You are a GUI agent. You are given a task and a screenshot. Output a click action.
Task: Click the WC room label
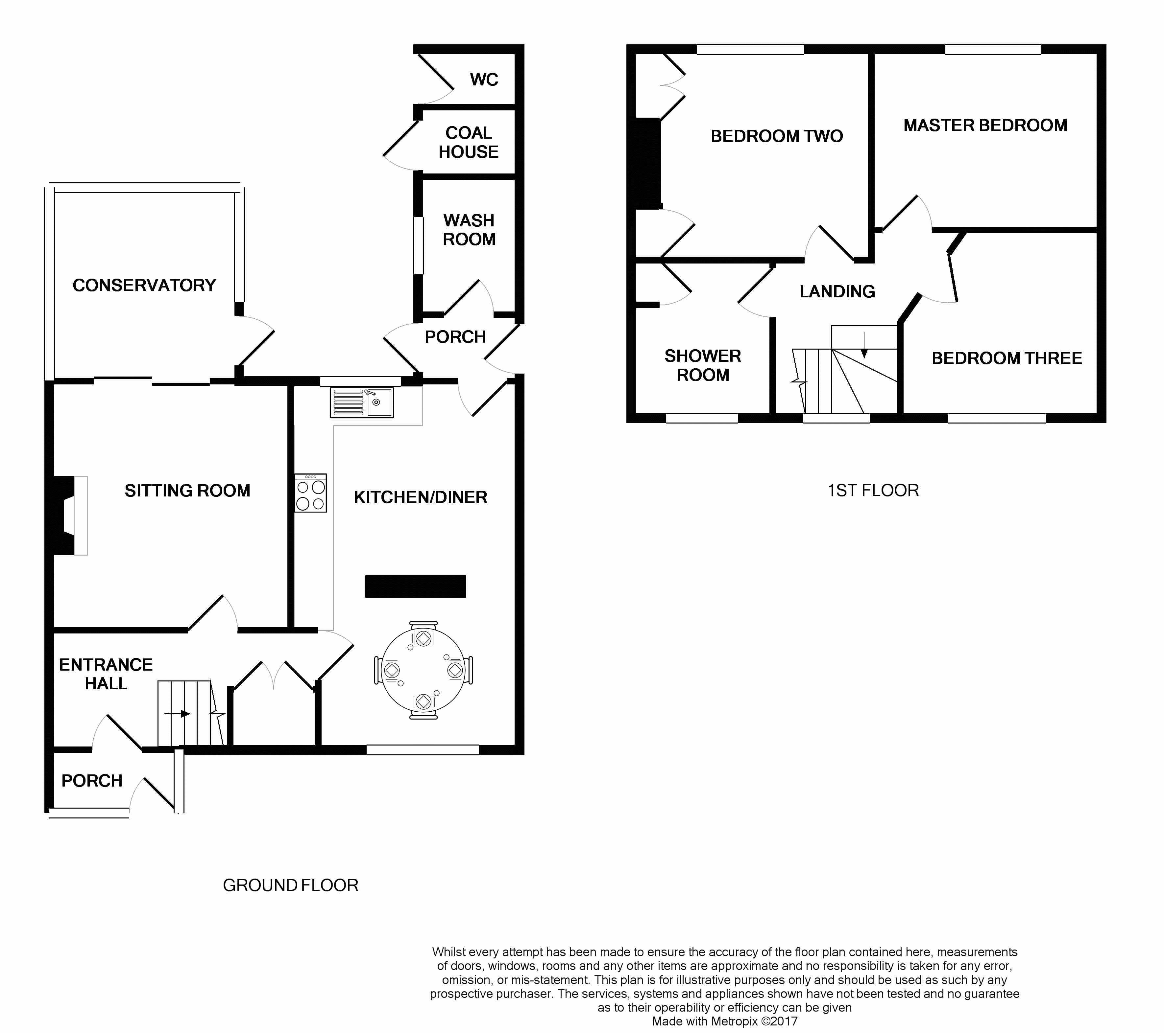click(484, 80)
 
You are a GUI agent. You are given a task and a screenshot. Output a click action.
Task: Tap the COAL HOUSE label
click(469, 142)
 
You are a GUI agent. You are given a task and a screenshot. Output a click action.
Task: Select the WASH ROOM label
click(469, 230)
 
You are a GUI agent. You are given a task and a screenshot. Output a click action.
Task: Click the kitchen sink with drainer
click(362, 402)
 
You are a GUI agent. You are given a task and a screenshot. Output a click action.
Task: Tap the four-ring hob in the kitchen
click(310, 493)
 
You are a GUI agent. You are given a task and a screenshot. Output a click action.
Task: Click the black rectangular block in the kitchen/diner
click(416, 586)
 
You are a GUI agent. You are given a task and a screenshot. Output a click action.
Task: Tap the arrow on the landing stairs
click(864, 345)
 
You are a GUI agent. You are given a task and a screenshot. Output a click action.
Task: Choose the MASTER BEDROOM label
click(985, 125)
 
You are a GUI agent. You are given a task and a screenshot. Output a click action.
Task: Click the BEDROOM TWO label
click(777, 136)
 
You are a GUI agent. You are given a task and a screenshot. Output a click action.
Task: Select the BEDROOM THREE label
click(1007, 358)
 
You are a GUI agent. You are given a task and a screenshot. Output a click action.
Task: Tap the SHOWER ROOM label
click(703, 365)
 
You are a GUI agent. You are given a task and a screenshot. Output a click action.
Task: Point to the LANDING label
click(837, 291)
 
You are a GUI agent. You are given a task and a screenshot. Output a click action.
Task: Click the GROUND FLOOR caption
click(290, 885)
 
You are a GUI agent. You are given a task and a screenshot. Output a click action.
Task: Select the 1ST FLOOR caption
click(873, 491)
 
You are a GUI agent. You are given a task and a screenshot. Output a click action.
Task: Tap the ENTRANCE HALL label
click(106, 674)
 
